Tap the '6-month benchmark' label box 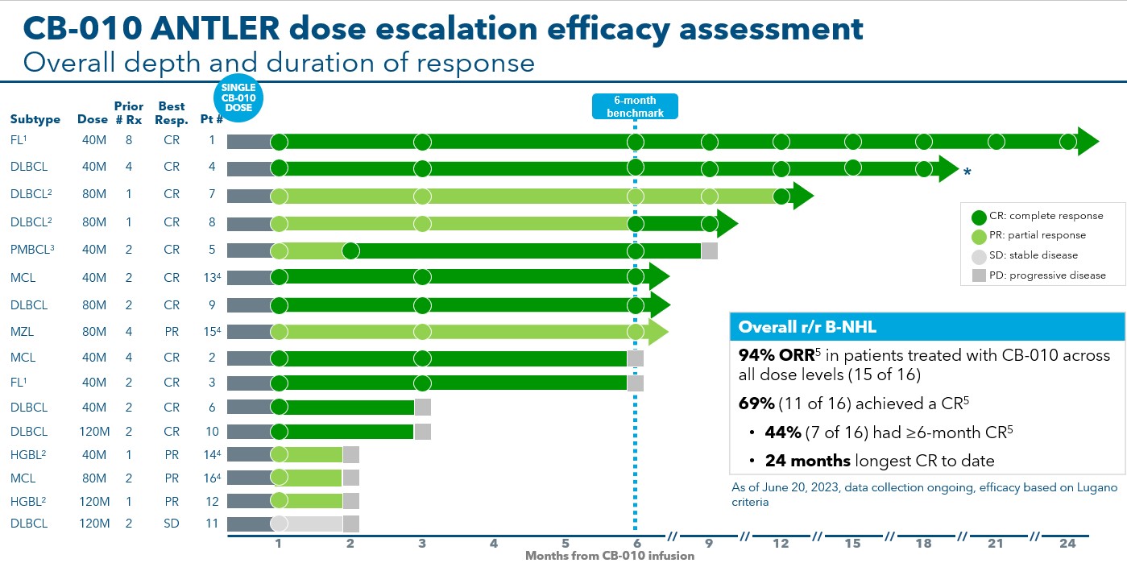coord(635,107)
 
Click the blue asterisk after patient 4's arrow coord(967,172)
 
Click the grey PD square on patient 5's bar coord(710,250)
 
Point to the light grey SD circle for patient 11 coord(279,524)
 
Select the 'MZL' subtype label coord(22,332)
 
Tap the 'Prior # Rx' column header coord(129,113)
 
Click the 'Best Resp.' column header coord(172,113)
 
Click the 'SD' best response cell coord(172,524)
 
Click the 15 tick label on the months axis coord(852,544)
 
